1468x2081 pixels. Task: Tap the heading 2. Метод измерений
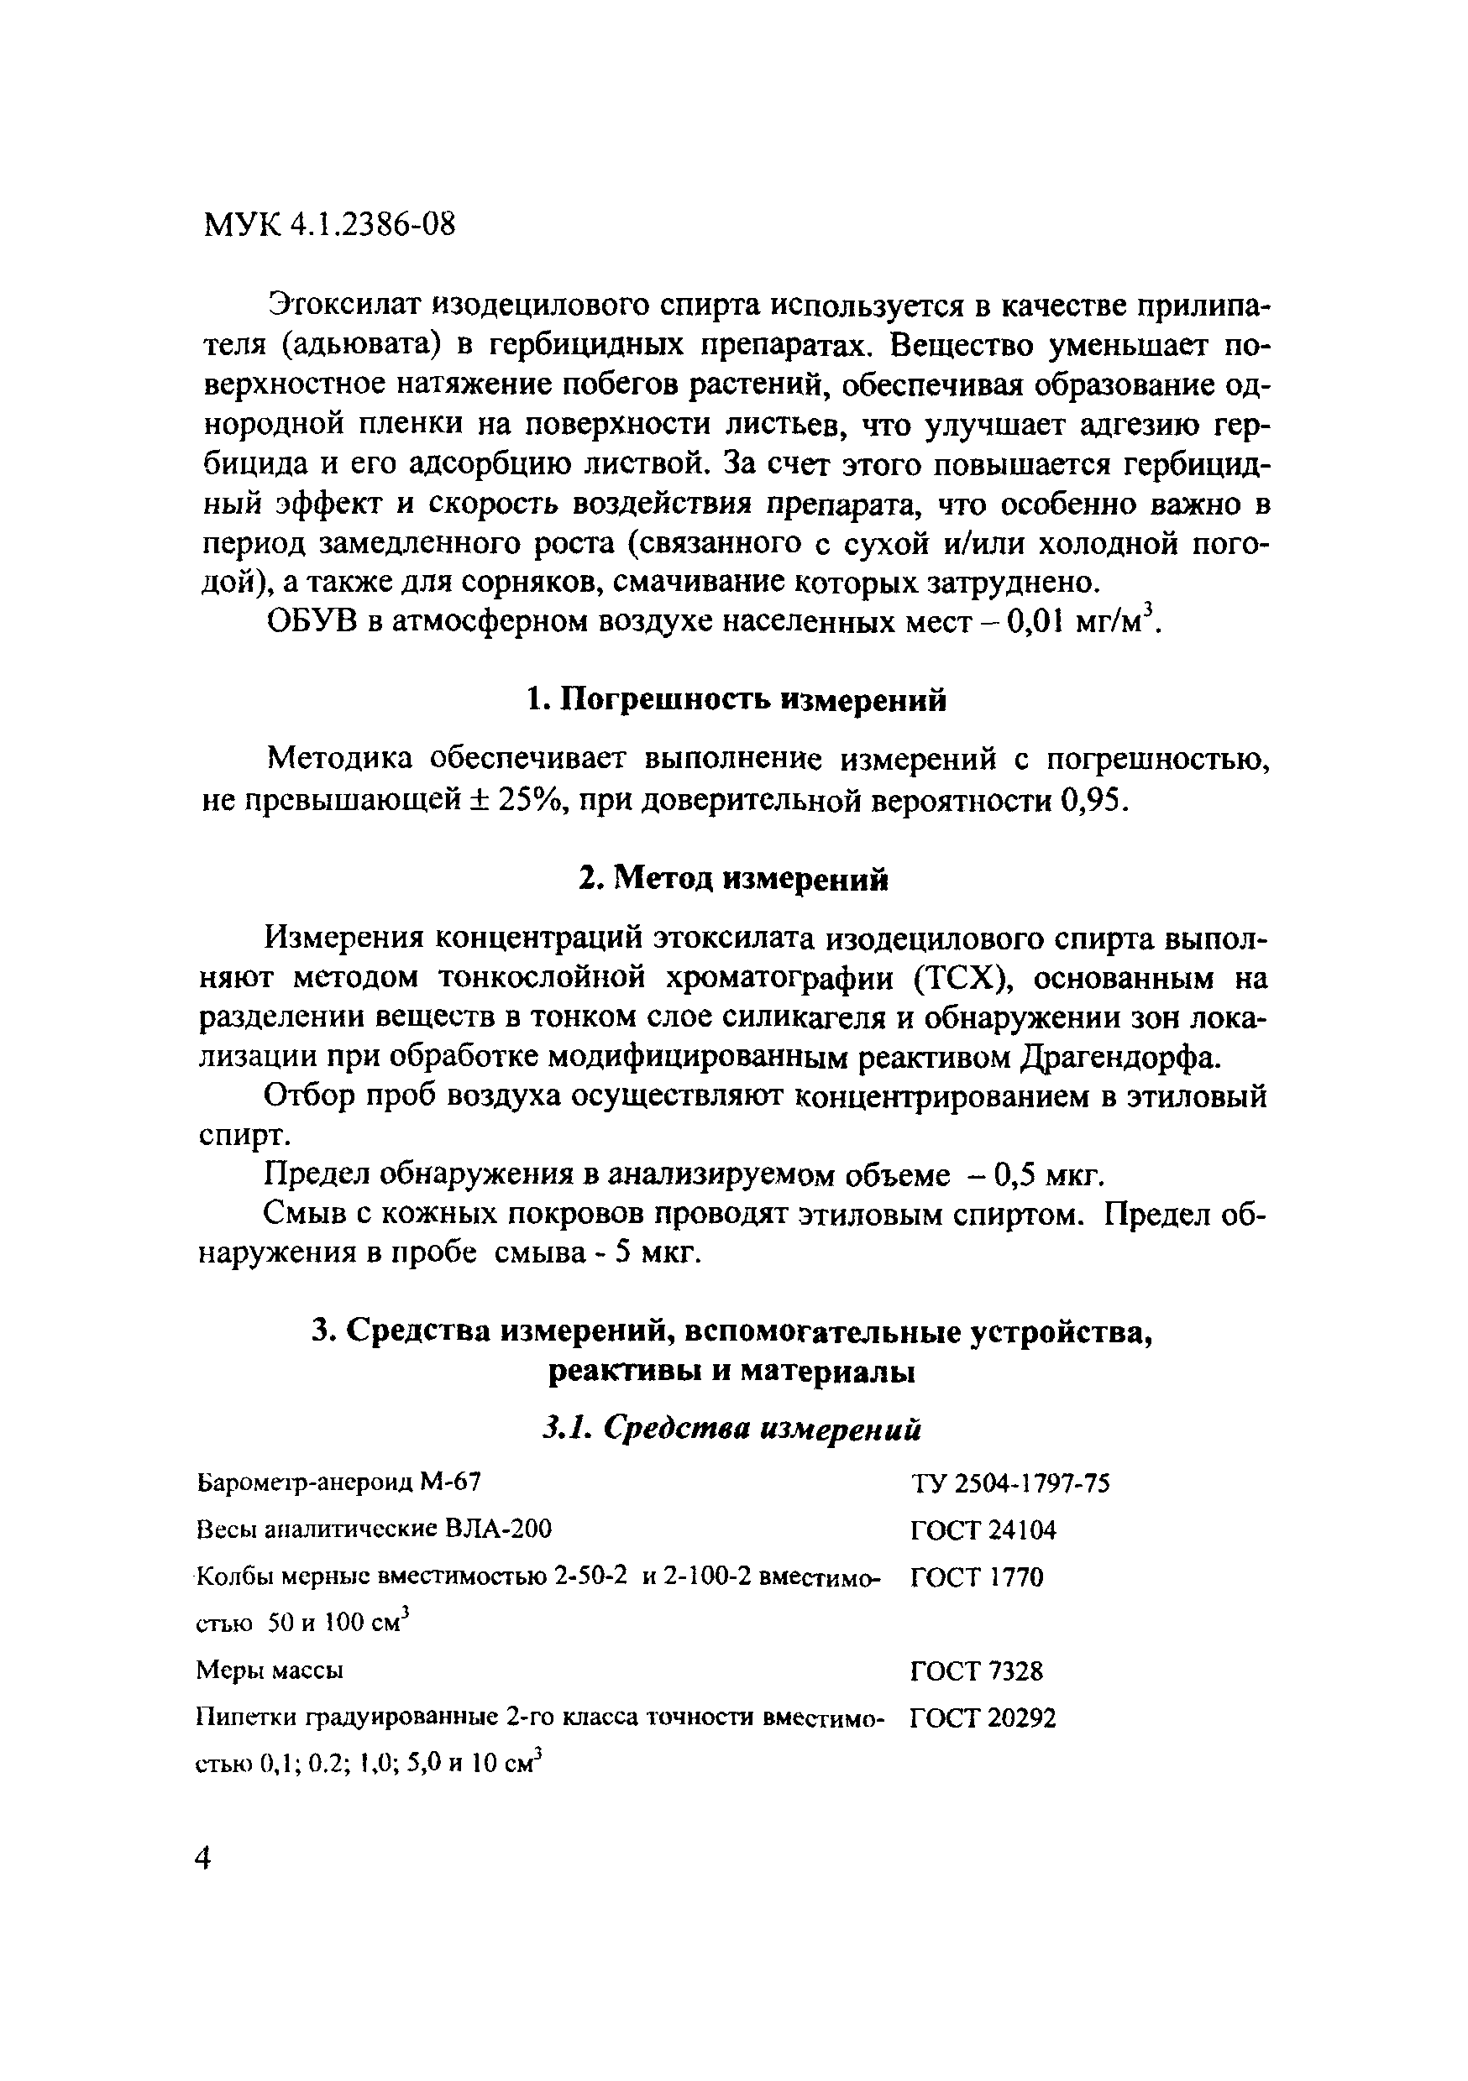pos(733,878)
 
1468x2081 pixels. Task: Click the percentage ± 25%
pos(520,800)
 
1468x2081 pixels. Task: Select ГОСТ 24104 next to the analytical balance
pos(983,1531)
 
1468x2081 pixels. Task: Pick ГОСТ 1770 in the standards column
pos(977,1578)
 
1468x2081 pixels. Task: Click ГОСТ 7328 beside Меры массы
pos(977,1671)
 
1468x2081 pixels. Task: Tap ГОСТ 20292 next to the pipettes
pos(983,1718)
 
